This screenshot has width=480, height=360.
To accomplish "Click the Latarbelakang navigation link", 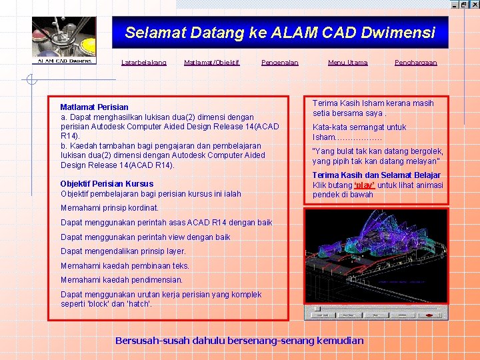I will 143,63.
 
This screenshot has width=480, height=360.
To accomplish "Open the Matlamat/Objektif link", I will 211,63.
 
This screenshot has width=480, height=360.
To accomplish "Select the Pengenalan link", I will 280,63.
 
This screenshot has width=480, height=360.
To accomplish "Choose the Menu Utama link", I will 347,63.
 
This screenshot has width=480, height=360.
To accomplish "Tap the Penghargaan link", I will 415,63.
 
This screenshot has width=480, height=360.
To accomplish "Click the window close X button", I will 474,4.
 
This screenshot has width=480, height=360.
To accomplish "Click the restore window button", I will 464,4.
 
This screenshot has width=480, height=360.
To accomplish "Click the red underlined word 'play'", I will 364,185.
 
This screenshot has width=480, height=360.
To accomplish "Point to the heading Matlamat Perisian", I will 94,107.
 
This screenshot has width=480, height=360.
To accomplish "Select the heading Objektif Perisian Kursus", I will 107,184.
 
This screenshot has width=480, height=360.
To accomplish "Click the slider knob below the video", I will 318,309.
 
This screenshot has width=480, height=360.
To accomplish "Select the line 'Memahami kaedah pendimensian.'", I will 121,280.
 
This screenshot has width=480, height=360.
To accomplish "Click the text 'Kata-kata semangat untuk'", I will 359,127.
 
